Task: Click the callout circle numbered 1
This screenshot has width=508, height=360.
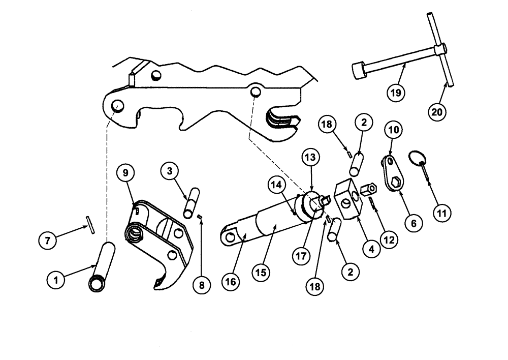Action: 55,279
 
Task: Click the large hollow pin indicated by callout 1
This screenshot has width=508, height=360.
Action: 102,267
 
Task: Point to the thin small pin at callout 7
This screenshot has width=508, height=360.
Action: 89,224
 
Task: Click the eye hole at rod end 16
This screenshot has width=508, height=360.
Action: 229,237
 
